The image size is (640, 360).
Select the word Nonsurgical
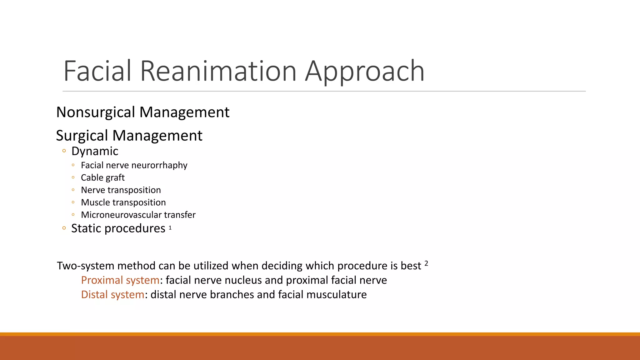click(x=96, y=112)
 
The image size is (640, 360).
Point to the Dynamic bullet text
click(x=95, y=151)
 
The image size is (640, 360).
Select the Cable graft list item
click(x=102, y=177)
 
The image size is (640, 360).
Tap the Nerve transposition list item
click(x=121, y=190)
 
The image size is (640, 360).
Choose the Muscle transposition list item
click(x=123, y=202)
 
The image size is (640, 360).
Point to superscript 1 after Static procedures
click(x=170, y=228)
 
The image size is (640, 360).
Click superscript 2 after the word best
click(x=426, y=263)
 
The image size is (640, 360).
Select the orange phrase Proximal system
click(x=120, y=280)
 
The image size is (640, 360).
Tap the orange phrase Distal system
click(x=112, y=294)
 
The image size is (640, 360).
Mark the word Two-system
click(x=85, y=266)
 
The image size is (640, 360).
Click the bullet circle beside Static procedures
click(x=64, y=228)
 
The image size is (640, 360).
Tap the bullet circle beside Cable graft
click(x=73, y=177)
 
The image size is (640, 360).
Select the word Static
click(x=86, y=228)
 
